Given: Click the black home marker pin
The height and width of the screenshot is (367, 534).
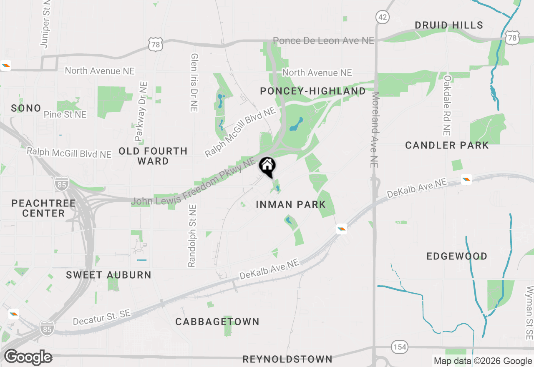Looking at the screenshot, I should coord(267,167).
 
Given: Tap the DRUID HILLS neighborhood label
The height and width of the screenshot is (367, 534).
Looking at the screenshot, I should coord(449,25).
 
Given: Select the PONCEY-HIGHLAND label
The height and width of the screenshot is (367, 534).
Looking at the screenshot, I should coord(312,91).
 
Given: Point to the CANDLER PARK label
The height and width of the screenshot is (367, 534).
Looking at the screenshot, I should coord(447,146).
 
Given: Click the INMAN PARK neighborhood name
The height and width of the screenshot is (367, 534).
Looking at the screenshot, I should coord(290,204).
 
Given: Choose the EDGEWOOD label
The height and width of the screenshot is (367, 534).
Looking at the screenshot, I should coord(457,256).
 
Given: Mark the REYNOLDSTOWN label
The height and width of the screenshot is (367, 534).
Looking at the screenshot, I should coord(287,359).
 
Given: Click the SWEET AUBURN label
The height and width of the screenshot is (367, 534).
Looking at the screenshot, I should coord(108,275).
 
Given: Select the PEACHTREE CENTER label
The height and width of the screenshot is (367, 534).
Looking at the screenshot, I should coord(43,208).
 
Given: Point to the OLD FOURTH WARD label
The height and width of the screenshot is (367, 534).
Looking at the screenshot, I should coord(153,156).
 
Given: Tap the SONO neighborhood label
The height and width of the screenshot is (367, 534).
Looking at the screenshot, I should coord(26,108).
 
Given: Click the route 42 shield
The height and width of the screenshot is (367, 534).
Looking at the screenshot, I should coord(382,17).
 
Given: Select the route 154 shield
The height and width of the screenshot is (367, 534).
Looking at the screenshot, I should coord(399,347).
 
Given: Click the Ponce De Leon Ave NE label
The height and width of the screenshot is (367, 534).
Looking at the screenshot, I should coord(323,41).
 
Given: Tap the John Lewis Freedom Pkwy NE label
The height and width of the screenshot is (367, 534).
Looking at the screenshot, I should coord(193,182).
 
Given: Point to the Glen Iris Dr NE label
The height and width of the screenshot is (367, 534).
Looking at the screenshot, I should coord(194,82).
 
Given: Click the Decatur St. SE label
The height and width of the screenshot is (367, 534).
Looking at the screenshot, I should coord(101,317).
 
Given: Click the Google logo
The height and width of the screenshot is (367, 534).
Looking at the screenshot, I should coord(28,357).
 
